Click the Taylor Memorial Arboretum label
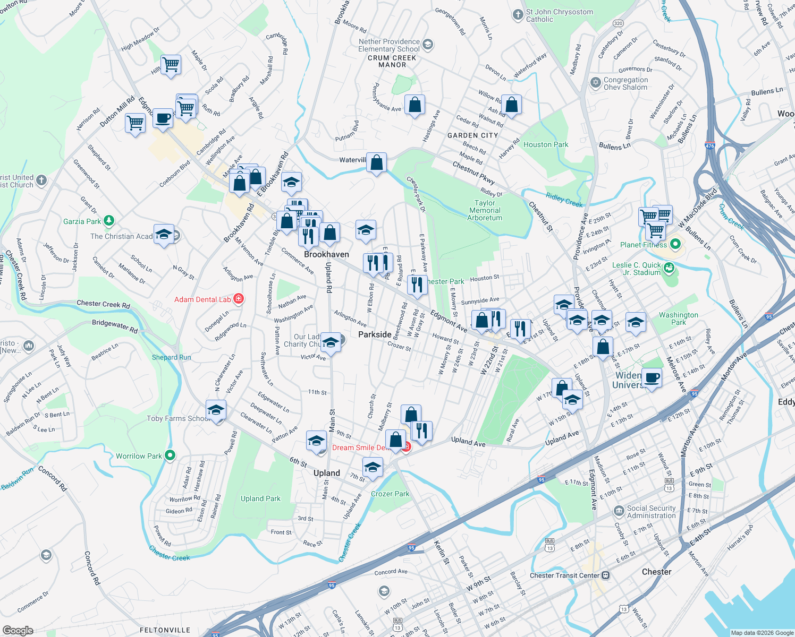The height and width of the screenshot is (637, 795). [485, 210]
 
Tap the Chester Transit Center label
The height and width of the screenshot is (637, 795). [564, 575]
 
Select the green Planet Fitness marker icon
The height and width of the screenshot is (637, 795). [675, 245]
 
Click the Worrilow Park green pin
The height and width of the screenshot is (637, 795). [170, 455]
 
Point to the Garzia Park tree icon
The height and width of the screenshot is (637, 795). [109, 221]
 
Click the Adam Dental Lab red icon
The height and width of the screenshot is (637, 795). [239, 299]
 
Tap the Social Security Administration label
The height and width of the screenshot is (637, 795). [651, 512]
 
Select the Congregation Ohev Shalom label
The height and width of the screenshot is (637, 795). [625, 83]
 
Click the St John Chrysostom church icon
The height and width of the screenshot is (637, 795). [518, 15]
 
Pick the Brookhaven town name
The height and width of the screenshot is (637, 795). [326, 254]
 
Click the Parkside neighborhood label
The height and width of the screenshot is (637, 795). [375, 334]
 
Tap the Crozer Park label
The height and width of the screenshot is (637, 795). [390, 494]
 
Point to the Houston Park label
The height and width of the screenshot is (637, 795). [546, 144]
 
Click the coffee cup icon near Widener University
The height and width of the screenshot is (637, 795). [652, 378]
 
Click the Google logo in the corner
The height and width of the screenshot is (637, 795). [18, 631]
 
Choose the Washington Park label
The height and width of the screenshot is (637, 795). [679, 318]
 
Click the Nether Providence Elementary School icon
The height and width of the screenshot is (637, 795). [428, 45]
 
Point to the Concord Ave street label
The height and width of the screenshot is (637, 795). [391, 572]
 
